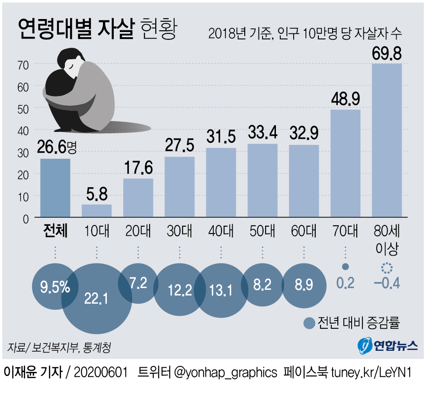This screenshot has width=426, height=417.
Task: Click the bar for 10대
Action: pyautogui.click(x=96, y=211)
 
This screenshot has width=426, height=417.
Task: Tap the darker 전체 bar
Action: pyautogui.click(x=55, y=188)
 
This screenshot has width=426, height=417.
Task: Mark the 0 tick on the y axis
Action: pyautogui.click(x=26, y=218)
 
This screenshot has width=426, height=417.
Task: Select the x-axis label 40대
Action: pyautogui.click(x=221, y=231)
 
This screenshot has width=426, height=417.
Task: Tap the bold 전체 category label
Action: pyautogui.click(x=55, y=231)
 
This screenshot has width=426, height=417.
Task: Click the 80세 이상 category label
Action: pyautogui.click(x=387, y=240)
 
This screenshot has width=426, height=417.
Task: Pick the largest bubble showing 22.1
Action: pyautogui.click(x=96, y=298)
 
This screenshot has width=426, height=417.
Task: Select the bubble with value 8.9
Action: pyautogui.click(x=304, y=285)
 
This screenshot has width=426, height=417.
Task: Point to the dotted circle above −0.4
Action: pyautogui.click(x=386, y=269)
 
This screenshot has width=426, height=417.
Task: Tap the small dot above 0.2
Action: pyautogui.click(x=345, y=267)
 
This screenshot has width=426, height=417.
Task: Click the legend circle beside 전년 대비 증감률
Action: pyautogui.click(x=309, y=323)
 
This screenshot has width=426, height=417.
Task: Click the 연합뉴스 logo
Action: pyautogui.click(x=388, y=345)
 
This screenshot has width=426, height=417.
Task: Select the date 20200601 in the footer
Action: pyautogui.click(x=102, y=372)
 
